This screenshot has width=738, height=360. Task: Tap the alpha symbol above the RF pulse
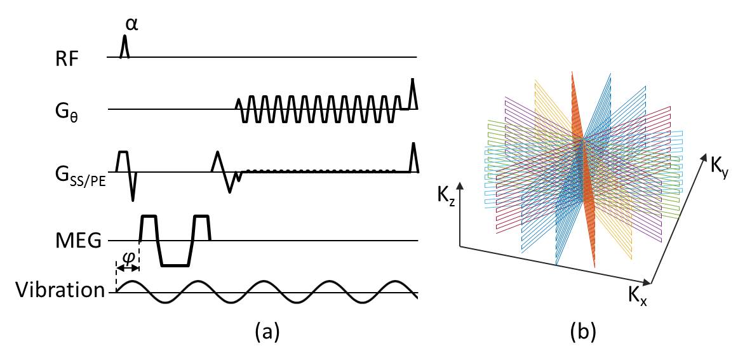tap(130, 23)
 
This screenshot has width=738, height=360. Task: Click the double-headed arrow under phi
tap(128, 270)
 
